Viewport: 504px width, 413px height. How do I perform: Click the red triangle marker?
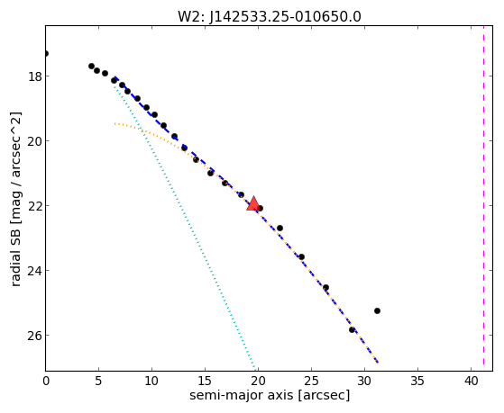(x=253, y=203)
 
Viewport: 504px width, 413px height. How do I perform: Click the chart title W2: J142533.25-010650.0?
(x=270, y=17)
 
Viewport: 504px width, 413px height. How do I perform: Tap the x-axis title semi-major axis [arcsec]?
(x=270, y=395)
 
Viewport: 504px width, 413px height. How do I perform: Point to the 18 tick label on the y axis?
(x=34, y=77)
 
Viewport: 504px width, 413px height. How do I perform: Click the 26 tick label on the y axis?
(x=34, y=336)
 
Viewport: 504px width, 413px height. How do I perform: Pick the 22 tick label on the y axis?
(x=34, y=206)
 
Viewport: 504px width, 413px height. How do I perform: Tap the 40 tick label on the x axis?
(x=471, y=382)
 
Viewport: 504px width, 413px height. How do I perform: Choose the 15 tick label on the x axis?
(x=205, y=382)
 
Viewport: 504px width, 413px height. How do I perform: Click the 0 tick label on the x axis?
(x=46, y=382)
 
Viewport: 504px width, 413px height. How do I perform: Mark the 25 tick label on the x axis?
(x=311, y=382)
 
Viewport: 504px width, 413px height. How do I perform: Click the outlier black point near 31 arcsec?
(x=377, y=310)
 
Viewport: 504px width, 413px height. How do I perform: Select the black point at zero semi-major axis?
(x=46, y=53)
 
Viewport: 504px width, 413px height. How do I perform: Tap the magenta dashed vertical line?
(x=483, y=198)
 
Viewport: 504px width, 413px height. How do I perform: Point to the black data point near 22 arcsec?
(x=279, y=228)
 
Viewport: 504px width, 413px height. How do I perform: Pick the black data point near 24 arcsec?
(x=301, y=256)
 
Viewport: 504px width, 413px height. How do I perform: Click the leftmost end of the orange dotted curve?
(x=115, y=123)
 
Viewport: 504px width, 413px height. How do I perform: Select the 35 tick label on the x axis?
(x=417, y=382)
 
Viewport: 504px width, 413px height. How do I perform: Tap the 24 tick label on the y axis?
(x=34, y=271)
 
